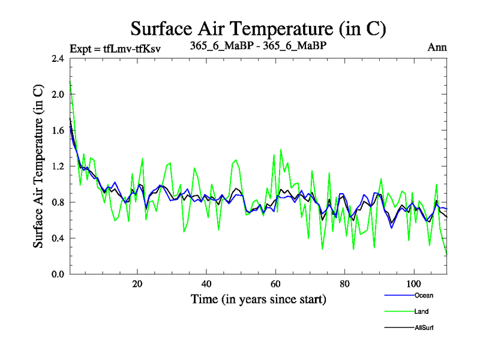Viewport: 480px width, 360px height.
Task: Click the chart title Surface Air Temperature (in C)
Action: pos(258,29)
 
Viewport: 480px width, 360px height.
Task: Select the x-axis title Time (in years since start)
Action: pos(258,298)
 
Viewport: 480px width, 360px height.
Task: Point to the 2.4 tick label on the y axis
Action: pos(58,58)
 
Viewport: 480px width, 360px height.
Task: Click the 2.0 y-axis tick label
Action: pos(58,94)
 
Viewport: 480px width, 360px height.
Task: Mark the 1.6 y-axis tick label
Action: pos(58,130)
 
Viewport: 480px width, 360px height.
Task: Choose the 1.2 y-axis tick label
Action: pos(58,166)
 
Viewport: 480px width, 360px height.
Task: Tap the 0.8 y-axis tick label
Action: pos(58,202)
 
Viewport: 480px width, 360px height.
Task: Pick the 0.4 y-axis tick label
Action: pos(58,238)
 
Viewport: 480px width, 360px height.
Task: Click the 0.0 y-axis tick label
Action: pos(58,274)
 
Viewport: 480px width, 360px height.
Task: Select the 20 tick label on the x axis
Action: pos(137,284)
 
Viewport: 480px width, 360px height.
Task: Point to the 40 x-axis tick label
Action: pos(206,284)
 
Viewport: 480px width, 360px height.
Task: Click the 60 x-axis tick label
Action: pos(275,284)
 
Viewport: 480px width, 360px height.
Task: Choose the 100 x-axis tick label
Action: pos(413,284)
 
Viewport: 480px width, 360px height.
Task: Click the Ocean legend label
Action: pos(424,295)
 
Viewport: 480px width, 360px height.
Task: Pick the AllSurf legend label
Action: pos(424,328)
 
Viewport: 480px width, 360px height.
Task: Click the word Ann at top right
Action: pos(437,47)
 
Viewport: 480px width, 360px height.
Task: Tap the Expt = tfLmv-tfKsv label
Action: pos(115,48)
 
